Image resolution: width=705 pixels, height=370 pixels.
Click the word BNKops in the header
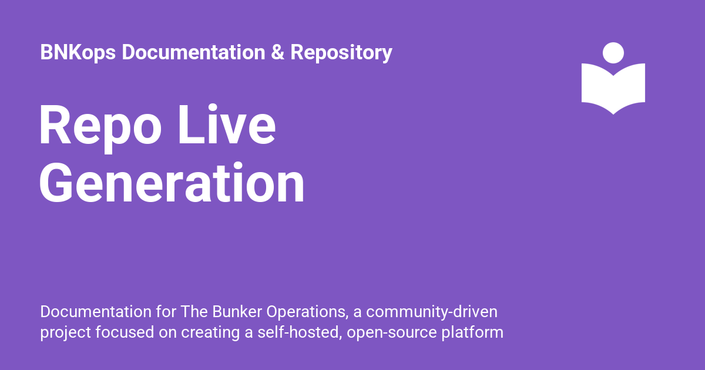pos(78,52)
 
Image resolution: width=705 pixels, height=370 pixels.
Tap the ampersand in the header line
pos(277,52)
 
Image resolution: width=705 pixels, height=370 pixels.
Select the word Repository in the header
pos(341,52)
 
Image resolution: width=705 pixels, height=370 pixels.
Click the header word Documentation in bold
pos(193,52)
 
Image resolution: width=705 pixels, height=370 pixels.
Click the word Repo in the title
pos(100,128)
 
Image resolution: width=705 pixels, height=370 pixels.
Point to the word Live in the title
pos(227,125)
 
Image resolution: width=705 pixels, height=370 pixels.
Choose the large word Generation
pos(172,183)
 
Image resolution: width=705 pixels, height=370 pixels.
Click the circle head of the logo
pos(613,53)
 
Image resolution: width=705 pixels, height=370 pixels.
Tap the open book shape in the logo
pos(613,89)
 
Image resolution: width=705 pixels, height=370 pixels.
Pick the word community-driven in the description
pos(432,312)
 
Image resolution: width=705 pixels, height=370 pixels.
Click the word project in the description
pos(66,333)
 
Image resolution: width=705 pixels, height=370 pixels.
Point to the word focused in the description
pos(125,332)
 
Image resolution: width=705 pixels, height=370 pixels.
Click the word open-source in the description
pos(392,333)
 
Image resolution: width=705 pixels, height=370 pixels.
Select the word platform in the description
pos(472,333)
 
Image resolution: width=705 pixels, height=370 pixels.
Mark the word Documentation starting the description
pos(96,312)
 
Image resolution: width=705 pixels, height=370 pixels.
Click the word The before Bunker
pos(194,312)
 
